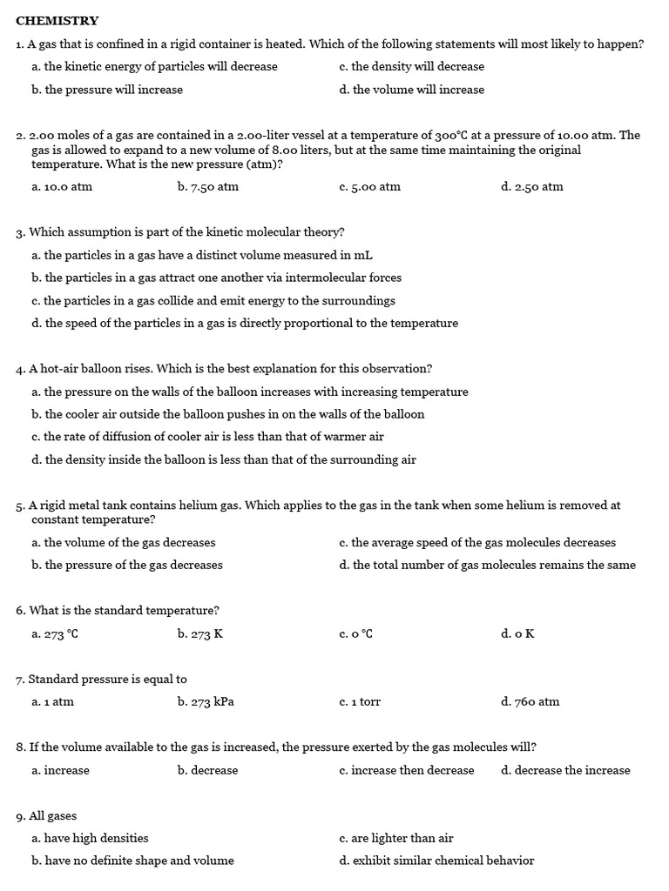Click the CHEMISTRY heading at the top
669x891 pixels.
coord(57,21)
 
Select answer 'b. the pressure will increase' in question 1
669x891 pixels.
coord(107,90)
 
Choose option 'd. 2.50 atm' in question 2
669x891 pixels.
coord(531,187)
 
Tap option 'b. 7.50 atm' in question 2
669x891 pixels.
coord(207,187)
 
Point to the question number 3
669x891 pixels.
coord(20,233)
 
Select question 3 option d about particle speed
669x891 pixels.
coord(244,324)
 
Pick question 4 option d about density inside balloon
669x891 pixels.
coord(223,459)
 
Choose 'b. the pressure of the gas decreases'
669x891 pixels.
coord(127,566)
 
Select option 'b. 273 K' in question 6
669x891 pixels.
coord(199,634)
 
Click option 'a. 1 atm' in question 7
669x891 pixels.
coord(52,702)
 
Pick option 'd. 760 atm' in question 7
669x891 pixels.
coord(530,702)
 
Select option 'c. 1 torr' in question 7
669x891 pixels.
coord(360,702)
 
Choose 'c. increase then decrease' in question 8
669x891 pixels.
coord(407,771)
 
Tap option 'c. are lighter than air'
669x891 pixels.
coord(396,839)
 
